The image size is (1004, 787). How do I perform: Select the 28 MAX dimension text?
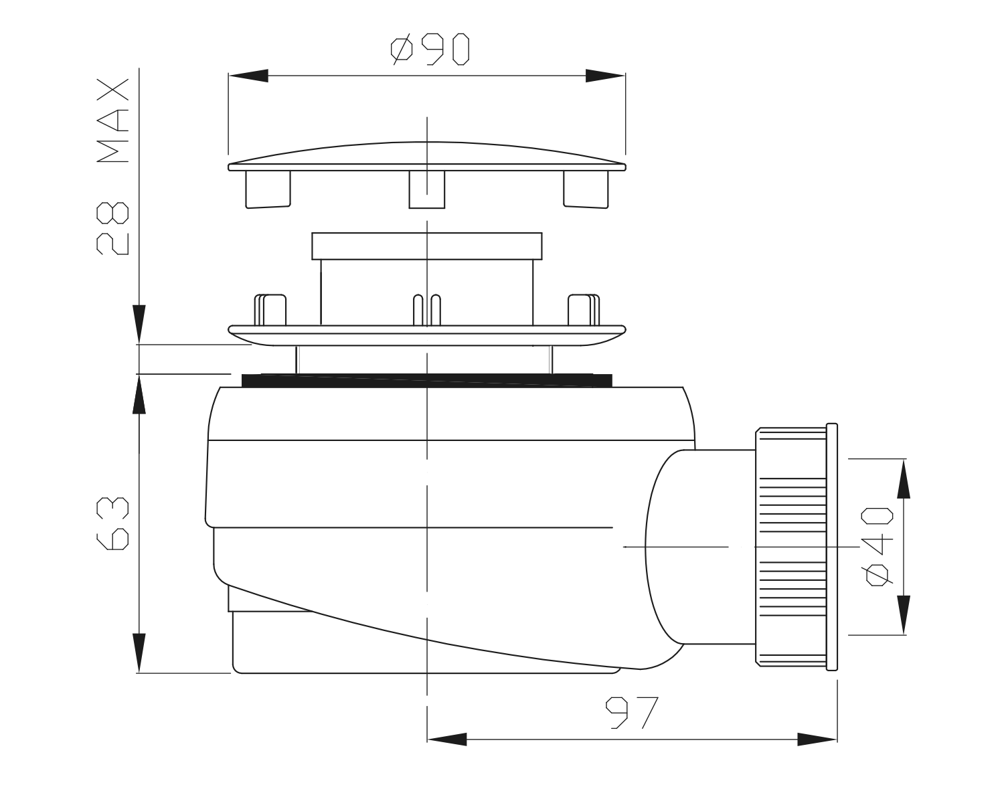pos(111,167)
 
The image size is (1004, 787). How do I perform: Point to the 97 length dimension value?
pos(633,713)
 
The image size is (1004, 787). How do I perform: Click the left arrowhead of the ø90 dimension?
pos(248,76)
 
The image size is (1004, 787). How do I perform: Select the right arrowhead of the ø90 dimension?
pos(606,76)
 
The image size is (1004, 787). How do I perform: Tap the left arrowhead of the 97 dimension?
pos(446,739)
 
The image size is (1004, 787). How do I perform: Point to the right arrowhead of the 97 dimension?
pos(817,739)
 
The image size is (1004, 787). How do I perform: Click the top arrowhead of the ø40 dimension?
pos(903,478)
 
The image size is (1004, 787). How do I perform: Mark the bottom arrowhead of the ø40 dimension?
pos(903,614)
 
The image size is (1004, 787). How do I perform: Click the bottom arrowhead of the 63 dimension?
pos(139,652)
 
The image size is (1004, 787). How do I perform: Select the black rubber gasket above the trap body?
pos(426,381)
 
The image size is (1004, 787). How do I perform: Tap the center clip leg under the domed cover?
pos(427,189)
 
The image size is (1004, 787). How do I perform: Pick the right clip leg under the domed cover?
pos(585,189)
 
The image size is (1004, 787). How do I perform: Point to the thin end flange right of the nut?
pos(832,547)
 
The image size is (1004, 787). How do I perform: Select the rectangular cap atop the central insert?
pos(426,246)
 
